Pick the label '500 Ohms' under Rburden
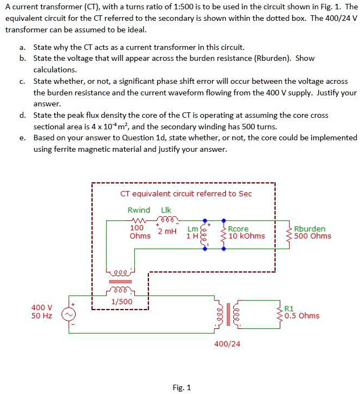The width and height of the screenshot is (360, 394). [x=313, y=236]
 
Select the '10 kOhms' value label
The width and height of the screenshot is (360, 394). [x=247, y=236]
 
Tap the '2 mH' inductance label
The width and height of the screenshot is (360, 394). [x=167, y=231]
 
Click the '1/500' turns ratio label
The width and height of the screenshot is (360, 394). [x=121, y=301]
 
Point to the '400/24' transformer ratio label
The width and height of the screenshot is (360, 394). [x=227, y=344]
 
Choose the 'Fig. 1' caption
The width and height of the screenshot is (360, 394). [x=181, y=388]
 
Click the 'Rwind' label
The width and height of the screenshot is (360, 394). [x=139, y=210]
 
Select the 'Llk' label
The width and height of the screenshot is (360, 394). [x=167, y=210]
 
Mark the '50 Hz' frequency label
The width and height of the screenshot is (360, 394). [x=42, y=316]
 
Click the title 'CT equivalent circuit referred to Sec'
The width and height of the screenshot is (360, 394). [x=186, y=193]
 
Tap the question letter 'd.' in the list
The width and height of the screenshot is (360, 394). [x=21, y=115]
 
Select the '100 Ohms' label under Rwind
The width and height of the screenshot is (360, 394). [x=140, y=231]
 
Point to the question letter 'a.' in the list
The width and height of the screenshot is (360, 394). [x=21, y=47]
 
